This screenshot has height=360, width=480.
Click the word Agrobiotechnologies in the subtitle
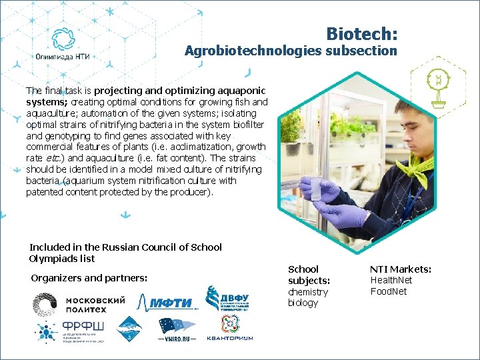click(x=252, y=51)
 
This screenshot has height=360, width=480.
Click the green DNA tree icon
click(x=438, y=86)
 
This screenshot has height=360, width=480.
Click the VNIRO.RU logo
click(x=177, y=329)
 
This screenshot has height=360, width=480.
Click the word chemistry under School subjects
click(x=308, y=292)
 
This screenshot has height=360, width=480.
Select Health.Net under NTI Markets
click(x=391, y=281)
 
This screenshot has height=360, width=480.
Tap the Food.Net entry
click(x=388, y=291)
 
